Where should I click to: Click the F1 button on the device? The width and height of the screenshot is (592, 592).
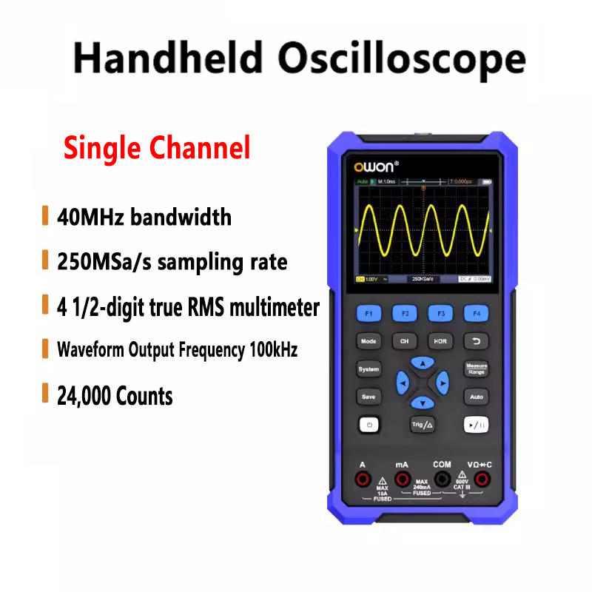369,314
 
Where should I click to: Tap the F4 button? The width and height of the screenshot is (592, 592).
476,314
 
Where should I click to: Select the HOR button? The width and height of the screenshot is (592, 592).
440,342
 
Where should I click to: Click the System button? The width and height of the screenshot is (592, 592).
369,369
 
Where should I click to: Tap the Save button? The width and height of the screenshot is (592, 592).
369,397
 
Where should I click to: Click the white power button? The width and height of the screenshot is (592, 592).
369,425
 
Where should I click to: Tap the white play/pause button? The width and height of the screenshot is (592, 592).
476,425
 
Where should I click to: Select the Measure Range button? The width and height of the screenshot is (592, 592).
476,369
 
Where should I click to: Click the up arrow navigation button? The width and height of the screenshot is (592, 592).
422,363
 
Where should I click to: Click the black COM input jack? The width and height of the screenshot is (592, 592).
443,480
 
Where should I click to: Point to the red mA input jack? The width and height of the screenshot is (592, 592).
402,480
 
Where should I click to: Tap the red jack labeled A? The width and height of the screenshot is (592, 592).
363,480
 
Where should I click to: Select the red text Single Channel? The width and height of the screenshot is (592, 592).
157,147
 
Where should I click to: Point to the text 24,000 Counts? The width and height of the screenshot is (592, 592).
115,396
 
